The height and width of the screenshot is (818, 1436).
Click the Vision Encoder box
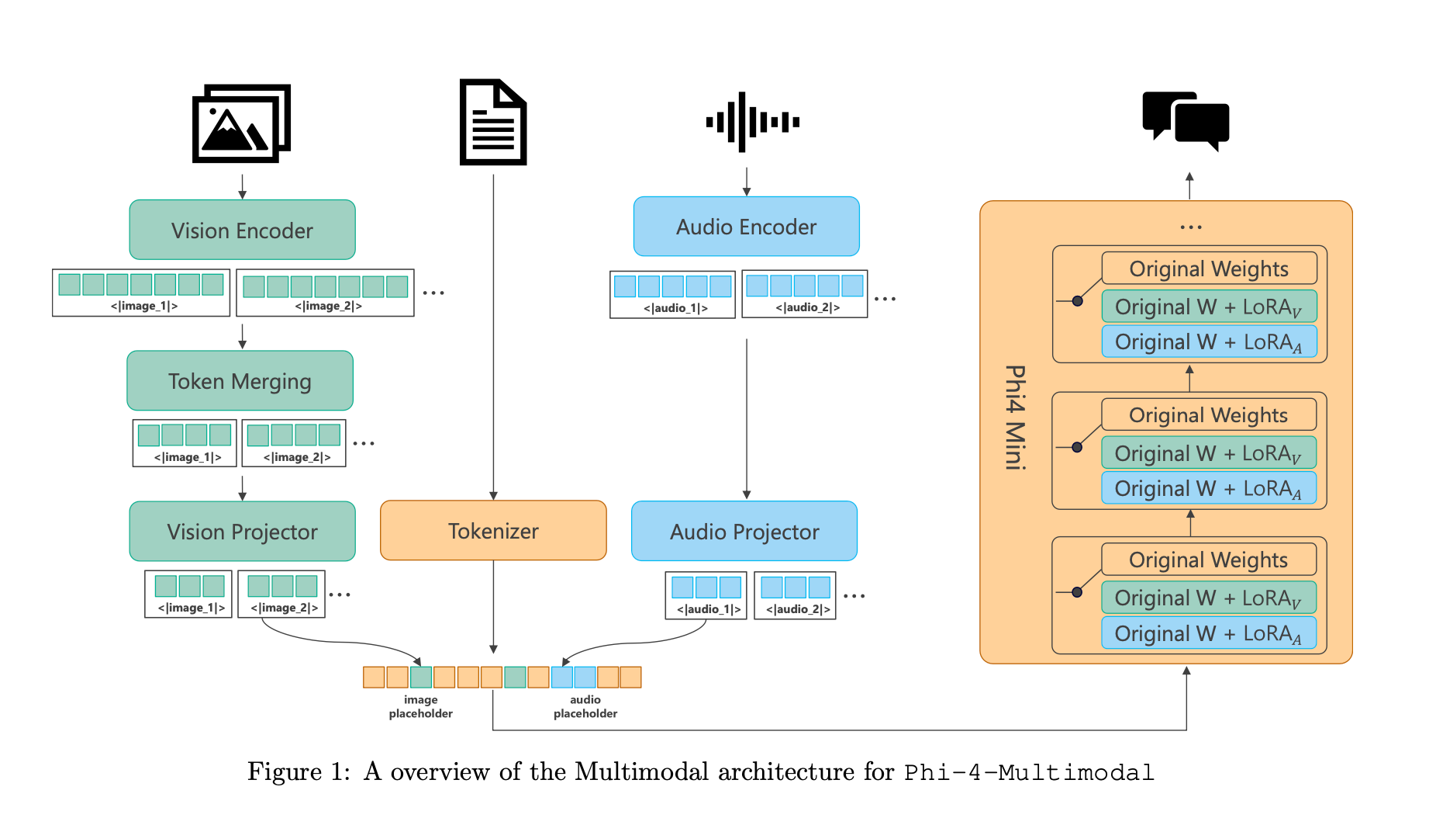[x=242, y=230]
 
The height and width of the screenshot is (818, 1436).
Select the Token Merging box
[x=240, y=381]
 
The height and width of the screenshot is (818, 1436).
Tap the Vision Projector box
[x=242, y=532]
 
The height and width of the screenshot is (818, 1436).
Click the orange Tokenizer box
[x=493, y=531]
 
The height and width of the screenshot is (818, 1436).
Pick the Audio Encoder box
[x=746, y=227]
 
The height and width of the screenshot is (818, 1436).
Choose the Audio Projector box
[x=744, y=532]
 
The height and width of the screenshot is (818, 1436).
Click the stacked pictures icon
[x=241, y=123]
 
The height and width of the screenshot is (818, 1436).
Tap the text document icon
[x=493, y=122]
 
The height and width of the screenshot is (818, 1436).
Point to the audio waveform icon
[x=752, y=122]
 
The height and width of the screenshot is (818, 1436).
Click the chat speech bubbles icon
[x=1186, y=121]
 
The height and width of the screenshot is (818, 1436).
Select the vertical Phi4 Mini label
[x=1015, y=418]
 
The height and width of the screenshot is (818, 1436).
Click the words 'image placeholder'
[x=420, y=706]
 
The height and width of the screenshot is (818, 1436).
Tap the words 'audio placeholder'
[x=585, y=706]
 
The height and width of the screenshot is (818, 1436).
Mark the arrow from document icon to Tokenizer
[x=493, y=334]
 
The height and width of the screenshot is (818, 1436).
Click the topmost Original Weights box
[x=1208, y=269]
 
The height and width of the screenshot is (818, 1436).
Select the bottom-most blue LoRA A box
[x=1208, y=633]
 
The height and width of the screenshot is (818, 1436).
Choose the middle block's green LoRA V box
[x=1208, y=453]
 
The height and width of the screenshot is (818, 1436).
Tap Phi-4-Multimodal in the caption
[x=1029, y=773]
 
